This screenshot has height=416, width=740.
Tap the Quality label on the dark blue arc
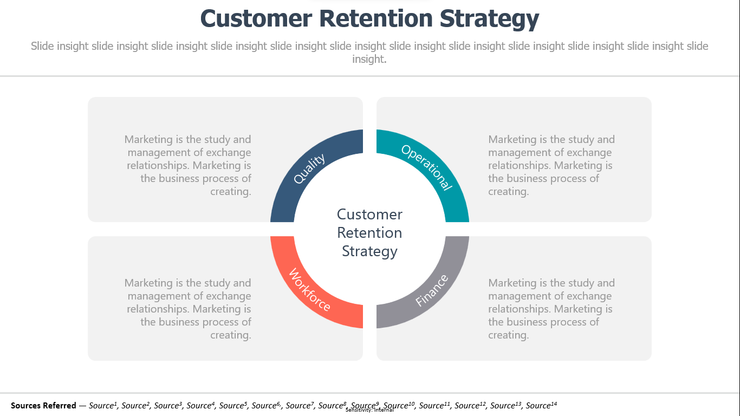click(x=309, y=168)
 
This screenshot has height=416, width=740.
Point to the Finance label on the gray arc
click(x=432, y=290)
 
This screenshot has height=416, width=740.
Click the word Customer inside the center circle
click(x=369, y=214)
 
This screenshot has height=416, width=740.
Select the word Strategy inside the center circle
click(x=369, y=251)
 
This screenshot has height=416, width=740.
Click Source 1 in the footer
click(x=103, y=405)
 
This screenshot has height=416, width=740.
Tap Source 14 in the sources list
click(x=541, y=405)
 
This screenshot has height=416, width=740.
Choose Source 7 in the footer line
click(x=300, y=405)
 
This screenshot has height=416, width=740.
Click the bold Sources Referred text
click(x=43, y=405)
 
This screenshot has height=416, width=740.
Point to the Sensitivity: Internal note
click(x=369, y=410)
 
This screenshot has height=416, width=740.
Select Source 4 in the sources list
click(x=200, y=405)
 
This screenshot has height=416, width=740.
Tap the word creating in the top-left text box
click(x=231, y=192)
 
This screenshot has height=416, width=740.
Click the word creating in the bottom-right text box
click(x=508, y=335)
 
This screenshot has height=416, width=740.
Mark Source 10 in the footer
click(x=399, y=405)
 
